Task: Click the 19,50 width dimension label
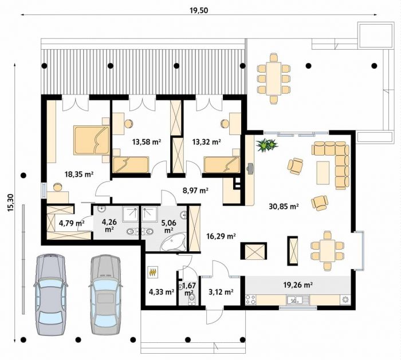tap(199, 10)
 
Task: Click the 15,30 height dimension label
tap(11, 203)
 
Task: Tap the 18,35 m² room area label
tap(79, 174)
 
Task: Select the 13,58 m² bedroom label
tap(147, 141)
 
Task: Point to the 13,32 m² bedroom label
tap(207, 141)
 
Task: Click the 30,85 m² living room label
tap(284, 206)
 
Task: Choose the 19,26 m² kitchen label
tap(298, 284)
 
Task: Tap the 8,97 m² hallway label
tap(195, 190)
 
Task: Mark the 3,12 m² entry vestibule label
tap(221, 292)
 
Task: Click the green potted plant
tap(267, 145)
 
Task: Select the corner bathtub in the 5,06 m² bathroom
tap(174, 242)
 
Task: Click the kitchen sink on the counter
tap(298, 299)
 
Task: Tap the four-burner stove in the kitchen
tap(251, 299)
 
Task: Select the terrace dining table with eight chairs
tap(273, 78)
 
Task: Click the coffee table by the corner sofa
tap(323, 172)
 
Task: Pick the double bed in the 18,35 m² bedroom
tap(91, 140)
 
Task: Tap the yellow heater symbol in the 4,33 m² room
tap(153, 272)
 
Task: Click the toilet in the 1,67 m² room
tap(191, 298)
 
